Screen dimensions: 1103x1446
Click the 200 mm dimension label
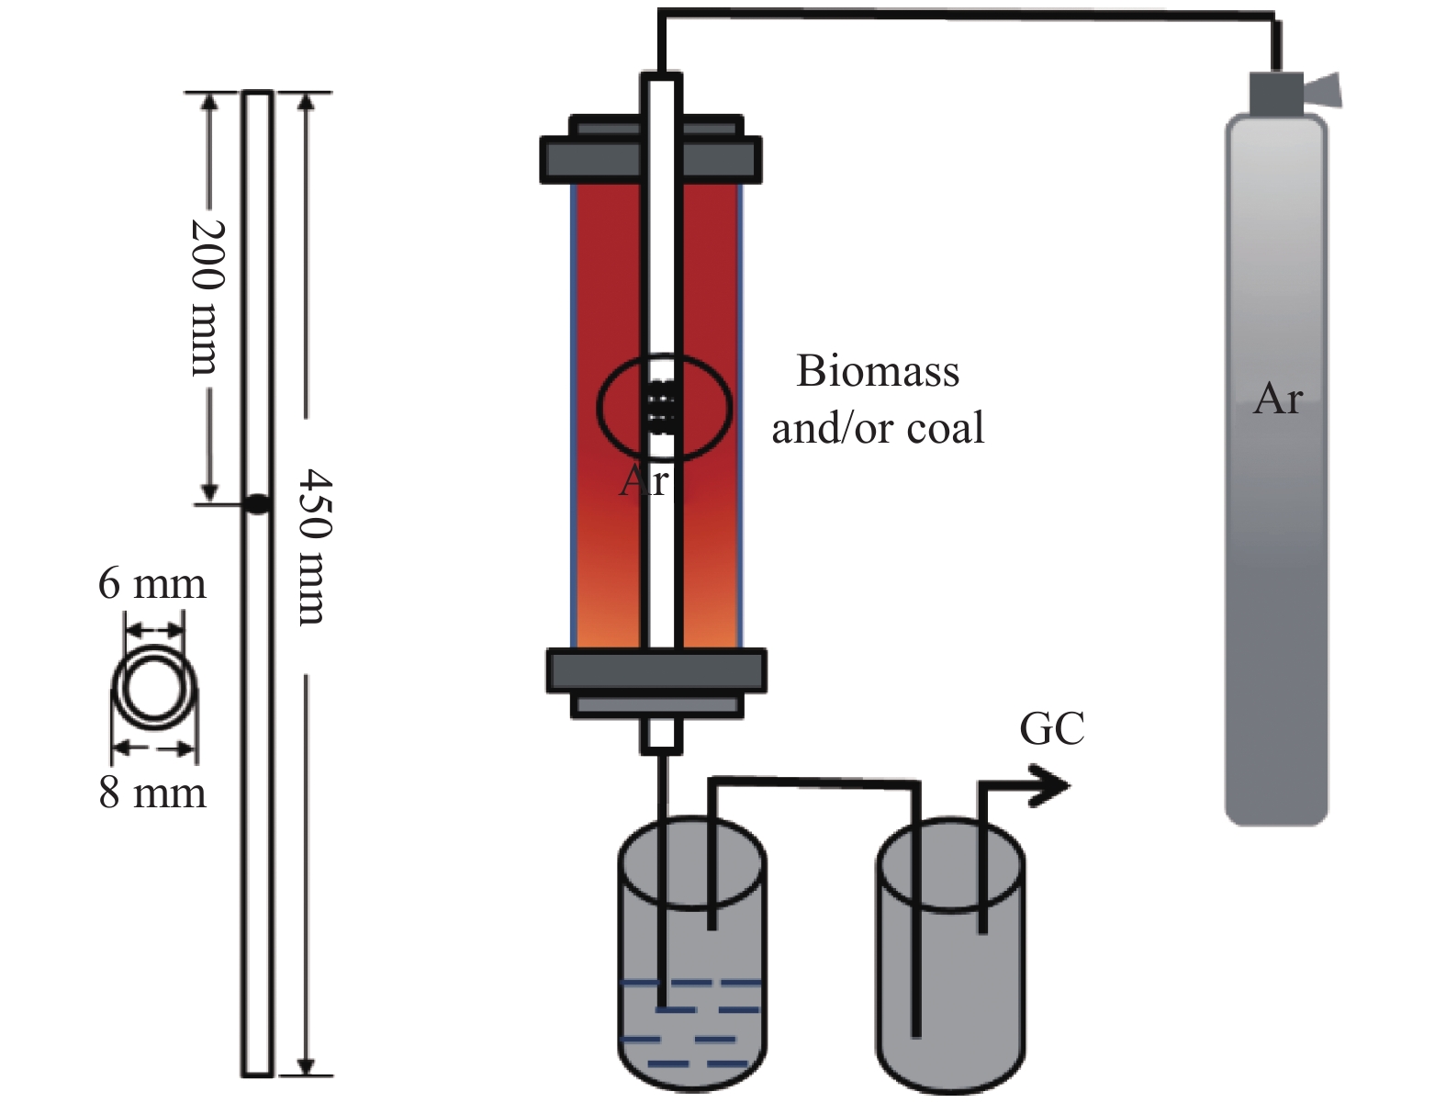[x=205, y=296]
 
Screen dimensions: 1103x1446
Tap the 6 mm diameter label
[x=151, y=584]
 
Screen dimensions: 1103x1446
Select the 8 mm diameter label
[x=152, y=793]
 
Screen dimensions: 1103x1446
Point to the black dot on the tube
[x=257, y=503]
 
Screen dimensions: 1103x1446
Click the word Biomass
[x=878, y=372]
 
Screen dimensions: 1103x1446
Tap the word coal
[x=945, y=429]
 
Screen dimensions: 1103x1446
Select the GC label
[x=1051, y=729]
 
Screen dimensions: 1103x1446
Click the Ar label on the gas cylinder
[x=1277, y=399]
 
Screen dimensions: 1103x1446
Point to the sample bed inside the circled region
[x=663, y=407]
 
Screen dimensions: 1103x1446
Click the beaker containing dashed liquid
[x=690, y=974]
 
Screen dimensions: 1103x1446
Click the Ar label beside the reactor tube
[x=643, y=480]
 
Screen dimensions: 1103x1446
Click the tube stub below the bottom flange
[x=662, y=735]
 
